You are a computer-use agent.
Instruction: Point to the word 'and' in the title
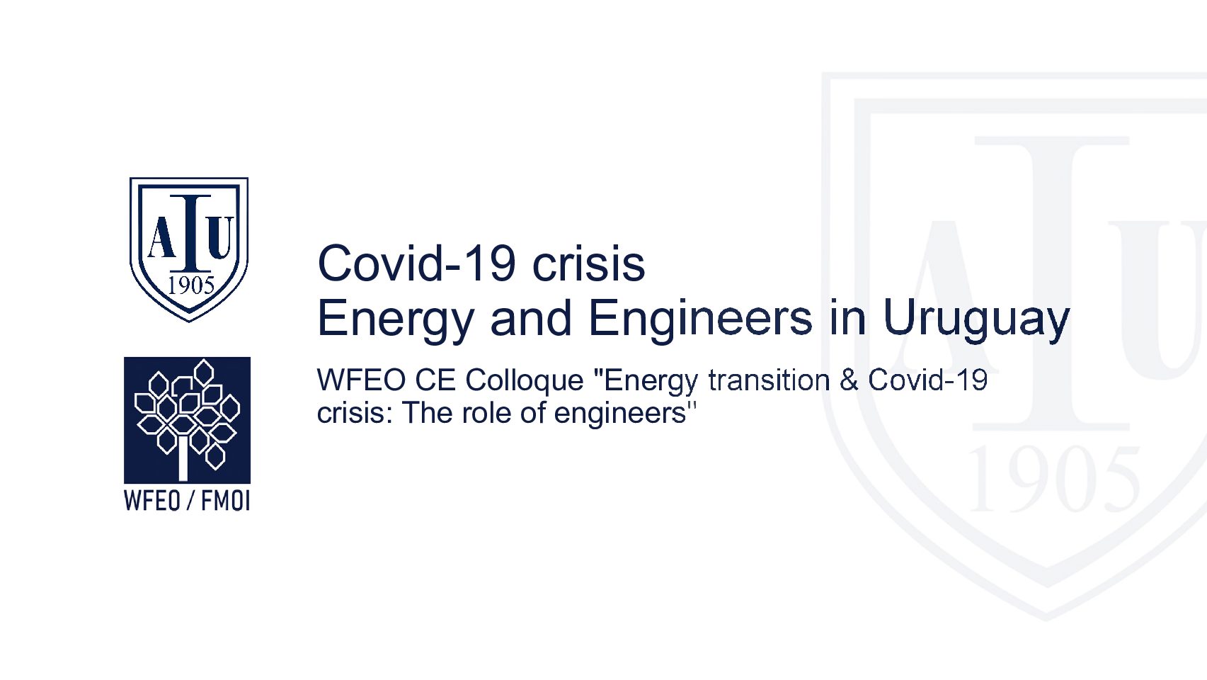(x=531, y=318)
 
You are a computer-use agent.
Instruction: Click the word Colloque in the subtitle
(x=525, y=381)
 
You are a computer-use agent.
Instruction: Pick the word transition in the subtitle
(x=769, y=380)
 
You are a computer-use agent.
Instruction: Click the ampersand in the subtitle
(x=849, y=380)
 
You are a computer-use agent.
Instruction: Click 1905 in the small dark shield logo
(x=191, y=285)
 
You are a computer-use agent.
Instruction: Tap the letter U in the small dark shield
(x=220, y=237)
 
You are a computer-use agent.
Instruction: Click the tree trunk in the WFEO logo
(x=183, y=458)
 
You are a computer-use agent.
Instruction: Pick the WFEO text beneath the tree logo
(x=152, y=501)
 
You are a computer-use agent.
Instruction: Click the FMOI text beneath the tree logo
(x=225, y=501)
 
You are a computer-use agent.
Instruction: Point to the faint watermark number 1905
(x=1053, y=479)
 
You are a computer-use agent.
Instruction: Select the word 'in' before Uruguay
(x=847, y=318)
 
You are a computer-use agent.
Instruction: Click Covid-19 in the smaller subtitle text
(x=927, y=380)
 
